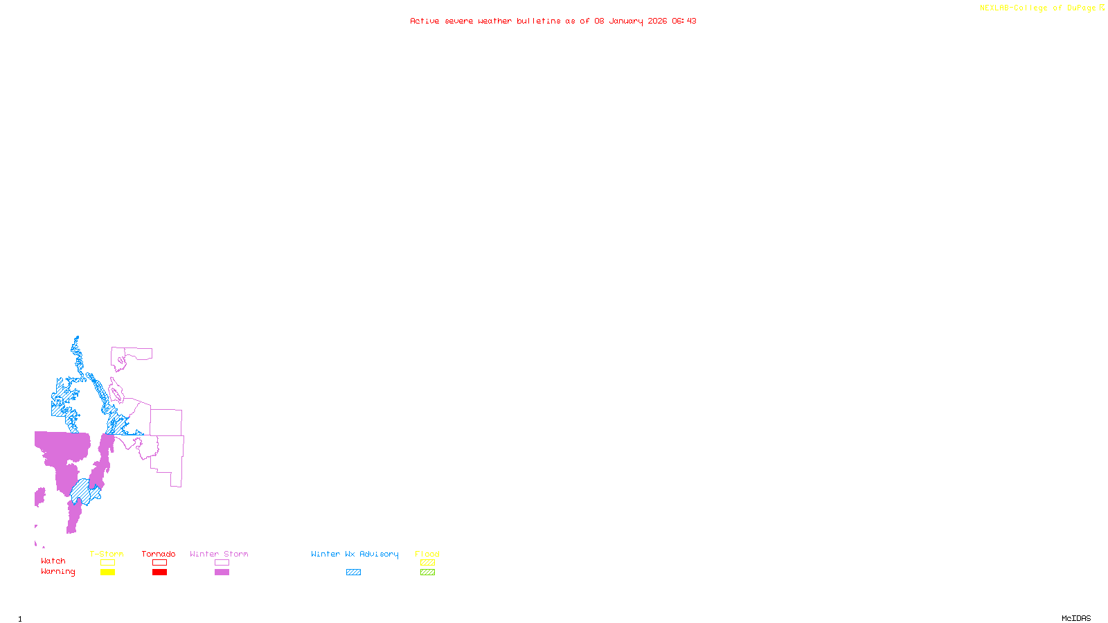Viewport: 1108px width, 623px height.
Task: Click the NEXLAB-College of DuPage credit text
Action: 1037,8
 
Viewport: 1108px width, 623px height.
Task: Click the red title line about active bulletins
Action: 553,21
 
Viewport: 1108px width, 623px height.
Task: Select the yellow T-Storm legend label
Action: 107,554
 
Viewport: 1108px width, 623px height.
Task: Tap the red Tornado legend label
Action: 159,554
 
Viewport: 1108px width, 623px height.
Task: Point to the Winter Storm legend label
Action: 219,554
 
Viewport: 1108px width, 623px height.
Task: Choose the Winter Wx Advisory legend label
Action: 355,554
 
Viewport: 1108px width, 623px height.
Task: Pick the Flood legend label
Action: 427,554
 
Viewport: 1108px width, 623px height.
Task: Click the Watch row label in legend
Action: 53,561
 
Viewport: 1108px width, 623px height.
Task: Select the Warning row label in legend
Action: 57,572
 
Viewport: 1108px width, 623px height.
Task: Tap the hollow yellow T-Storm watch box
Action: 107,563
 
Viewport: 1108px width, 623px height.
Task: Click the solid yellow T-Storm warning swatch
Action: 107,572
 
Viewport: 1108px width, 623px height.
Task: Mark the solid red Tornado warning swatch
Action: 159,572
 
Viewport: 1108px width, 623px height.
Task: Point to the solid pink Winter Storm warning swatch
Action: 222,572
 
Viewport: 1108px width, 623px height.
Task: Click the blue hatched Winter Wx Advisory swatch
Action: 353,572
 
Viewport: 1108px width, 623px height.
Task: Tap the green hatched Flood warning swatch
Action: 428,572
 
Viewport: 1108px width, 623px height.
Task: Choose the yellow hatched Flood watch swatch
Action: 428,563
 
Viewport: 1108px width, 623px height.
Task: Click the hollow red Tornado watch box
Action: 159,563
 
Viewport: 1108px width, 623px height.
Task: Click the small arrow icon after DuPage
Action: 1102,8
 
